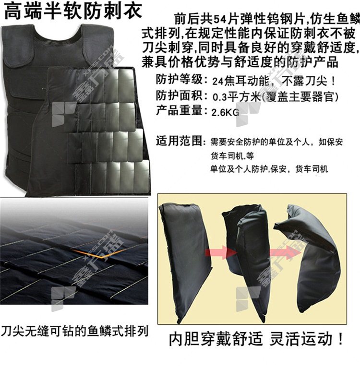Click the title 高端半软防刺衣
click(73, 11)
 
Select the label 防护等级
click(180, 79)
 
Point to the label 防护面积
click(180, 95)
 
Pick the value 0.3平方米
click(237, 97)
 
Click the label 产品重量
click(180, 110)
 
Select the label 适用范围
click(180, 141)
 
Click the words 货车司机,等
click(232, 156)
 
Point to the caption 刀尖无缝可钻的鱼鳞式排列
click(74, 331)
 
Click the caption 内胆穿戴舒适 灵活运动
click(256, 338)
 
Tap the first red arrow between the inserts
click(221, 252)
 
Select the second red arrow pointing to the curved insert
click(285, 252)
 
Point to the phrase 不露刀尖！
click(309, 82)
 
